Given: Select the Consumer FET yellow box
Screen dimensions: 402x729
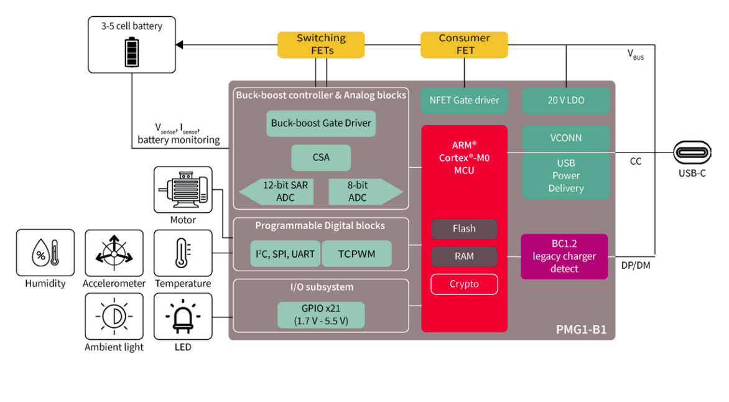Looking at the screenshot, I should (x=464, y=44).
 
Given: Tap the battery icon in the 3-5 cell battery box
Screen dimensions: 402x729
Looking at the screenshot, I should (x=132, y=52).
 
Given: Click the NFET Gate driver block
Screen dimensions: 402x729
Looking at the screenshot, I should (x=464, y=100).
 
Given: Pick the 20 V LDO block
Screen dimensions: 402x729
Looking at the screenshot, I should (x=565, y=100).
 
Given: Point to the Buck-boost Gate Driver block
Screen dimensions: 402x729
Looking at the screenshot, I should (x=321, y=123).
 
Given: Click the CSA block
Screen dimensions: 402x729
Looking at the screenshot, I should (x=321, y=157).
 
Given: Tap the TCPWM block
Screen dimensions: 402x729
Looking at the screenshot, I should (x=356, y=254).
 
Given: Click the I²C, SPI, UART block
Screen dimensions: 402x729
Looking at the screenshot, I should (x=285, y=254).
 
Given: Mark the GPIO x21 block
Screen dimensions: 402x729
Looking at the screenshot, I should (x=320, y=315).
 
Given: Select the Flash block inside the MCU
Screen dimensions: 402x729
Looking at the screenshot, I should (x=464, y=229).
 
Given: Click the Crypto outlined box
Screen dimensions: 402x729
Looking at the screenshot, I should (x=464, y=284).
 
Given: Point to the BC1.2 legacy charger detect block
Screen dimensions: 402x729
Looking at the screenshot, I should (x=564, y=256).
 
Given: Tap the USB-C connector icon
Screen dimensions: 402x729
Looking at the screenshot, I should (x=692, y=152).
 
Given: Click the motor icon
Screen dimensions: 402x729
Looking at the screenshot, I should (x=183, y=189).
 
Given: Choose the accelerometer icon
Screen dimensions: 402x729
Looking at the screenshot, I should (x=114, y=253).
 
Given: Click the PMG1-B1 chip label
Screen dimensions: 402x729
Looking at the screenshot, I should (x=581, y=329).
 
